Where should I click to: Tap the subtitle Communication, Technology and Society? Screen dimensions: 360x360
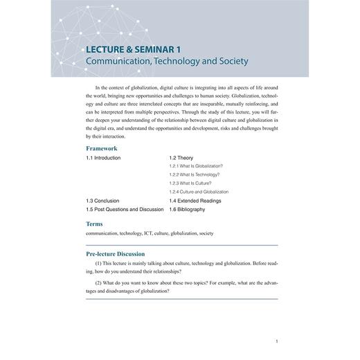[165, 62]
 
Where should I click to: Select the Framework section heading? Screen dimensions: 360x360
[101, 148]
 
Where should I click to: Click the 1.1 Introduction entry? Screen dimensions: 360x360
[103, 158]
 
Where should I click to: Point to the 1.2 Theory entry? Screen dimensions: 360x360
[181, 158]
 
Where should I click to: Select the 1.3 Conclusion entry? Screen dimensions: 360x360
[102, 200]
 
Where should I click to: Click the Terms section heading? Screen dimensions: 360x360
[95, 224]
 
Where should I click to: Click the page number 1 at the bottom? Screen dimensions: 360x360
[276, 341]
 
